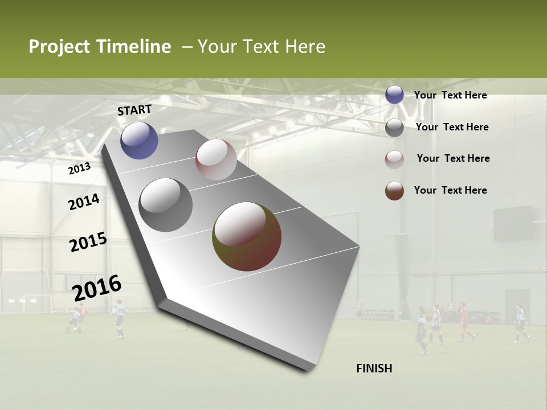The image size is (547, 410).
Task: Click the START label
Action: pos(134,109)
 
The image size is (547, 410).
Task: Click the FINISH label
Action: pos(374,368)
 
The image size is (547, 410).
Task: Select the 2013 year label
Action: pos(79,168)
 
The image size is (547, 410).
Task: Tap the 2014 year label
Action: pos(84,202)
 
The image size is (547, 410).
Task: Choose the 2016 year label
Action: pos(97,288)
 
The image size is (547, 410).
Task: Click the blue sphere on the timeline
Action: pos(139,140)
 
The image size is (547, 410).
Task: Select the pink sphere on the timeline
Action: pos(216,159)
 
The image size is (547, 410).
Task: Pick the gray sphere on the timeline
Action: pos(166,204)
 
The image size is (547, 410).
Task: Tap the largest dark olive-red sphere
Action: pos(247,236)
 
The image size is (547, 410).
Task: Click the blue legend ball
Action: pos(394,95)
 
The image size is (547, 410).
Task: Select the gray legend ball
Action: pos(394,127)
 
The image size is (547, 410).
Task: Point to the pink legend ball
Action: pos(394,159)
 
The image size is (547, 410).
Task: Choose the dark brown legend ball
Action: pos(394,191)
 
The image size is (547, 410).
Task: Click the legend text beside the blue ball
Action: pos(450,95)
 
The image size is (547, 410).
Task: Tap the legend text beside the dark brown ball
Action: pos(450,190)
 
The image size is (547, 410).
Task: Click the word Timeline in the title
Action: pos(134,47)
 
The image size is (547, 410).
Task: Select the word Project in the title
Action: pos(59,47)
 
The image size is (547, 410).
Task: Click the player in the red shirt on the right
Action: pos(464,322)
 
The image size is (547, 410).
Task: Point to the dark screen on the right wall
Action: pos(513,223)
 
